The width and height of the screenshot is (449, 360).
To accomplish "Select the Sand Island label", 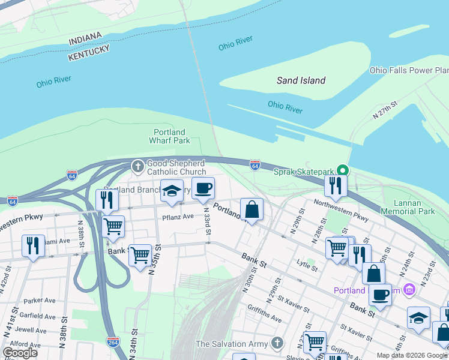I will (301, 80).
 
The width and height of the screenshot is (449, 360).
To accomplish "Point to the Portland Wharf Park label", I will (169, 136).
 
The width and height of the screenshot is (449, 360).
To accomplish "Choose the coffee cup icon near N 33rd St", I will (203, 188).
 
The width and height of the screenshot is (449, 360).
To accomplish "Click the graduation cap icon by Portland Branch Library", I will (172, 191).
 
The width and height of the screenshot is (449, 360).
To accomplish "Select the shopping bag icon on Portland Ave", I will (252, 210).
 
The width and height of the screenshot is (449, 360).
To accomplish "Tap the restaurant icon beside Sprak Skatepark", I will (336, 185).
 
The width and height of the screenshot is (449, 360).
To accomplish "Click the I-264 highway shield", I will (112, 341).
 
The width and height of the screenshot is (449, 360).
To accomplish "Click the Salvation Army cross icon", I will (276, 344).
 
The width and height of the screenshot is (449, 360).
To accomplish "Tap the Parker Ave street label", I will (40, 300).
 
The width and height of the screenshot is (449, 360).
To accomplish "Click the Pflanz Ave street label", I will (178, 216).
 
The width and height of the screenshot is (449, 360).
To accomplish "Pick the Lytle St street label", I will (307, 262).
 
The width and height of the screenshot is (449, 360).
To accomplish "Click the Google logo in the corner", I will (19, 353).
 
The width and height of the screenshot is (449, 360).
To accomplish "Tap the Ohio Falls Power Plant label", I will (409, 70).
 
